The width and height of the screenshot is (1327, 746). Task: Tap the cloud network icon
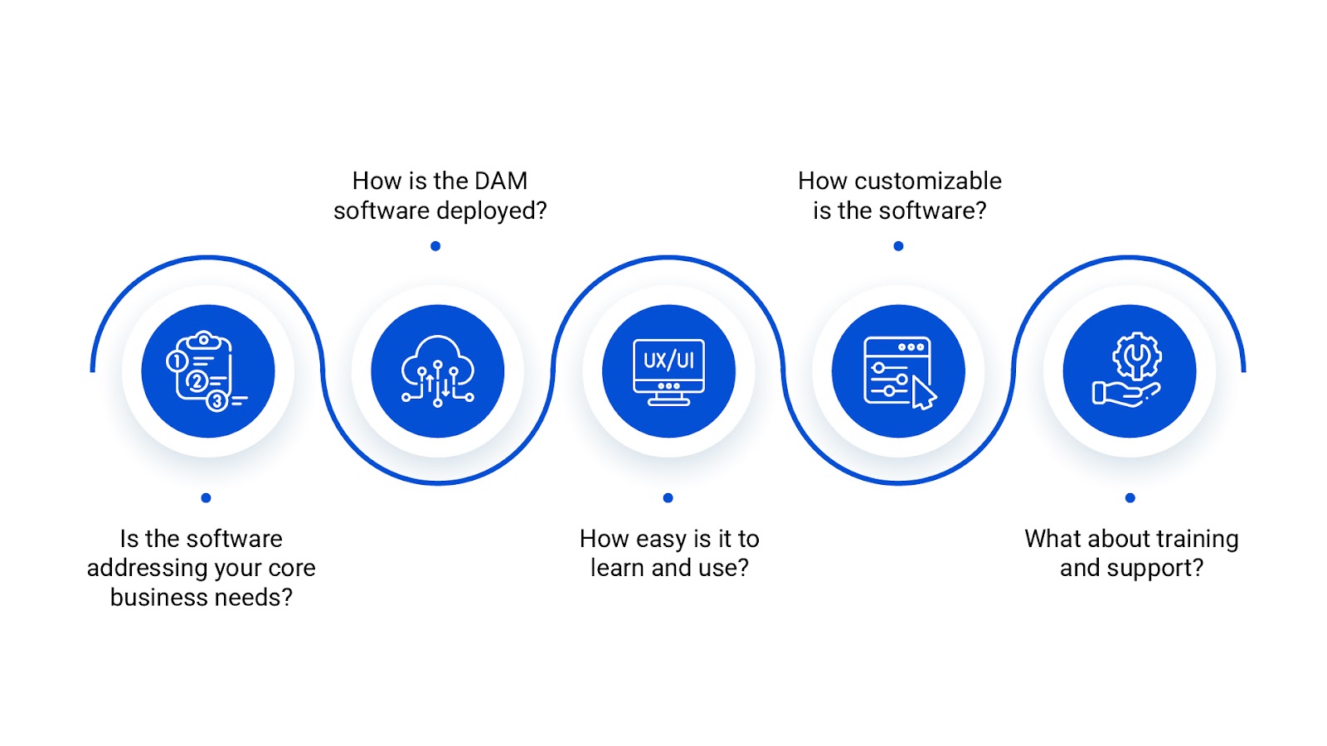click(x=437, y=371)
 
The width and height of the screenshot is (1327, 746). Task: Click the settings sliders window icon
click(x=898, y=371)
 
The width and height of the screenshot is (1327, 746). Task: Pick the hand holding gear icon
click(x=1129, y=371)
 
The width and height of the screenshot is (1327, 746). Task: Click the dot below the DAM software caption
click(x=435, y=246)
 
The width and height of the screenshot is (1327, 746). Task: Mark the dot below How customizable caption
click(x=898, y=246)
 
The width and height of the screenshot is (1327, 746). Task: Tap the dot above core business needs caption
click(x=206, y=498)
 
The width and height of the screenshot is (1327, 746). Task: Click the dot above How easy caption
click(x=668, y=498)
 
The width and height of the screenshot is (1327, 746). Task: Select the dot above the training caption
click(x=1130, y=498)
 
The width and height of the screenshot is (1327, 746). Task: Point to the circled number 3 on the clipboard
click(x=216, y=401)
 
